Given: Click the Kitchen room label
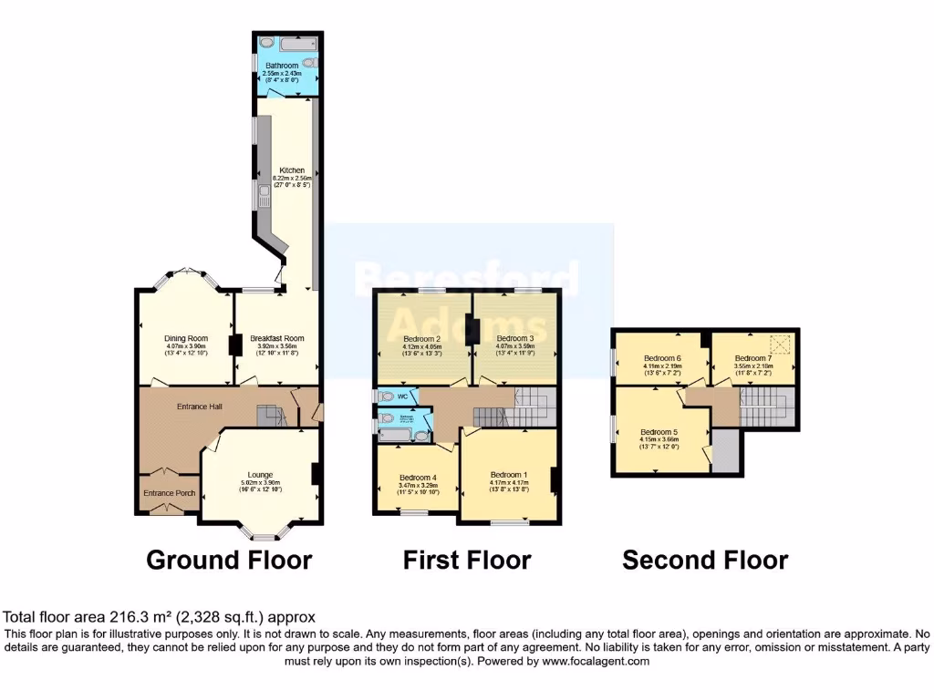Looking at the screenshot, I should coord(292,170).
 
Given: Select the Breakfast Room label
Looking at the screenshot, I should coord(276,338).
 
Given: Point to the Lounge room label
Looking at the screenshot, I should coord(257,474).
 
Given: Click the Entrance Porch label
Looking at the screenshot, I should coord(169,493).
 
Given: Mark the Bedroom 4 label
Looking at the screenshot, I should coord(419,477).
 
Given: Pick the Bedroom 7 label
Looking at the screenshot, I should coord(753,358).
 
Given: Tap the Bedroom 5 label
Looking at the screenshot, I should coord(659,432).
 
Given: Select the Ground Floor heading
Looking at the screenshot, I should coord(229,559).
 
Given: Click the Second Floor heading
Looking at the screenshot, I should coord(705,559).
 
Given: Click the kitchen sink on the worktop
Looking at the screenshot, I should coord(262,191).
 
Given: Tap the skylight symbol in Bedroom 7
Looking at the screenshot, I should coord(779,343).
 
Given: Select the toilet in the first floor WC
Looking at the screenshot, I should coord(388,396).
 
